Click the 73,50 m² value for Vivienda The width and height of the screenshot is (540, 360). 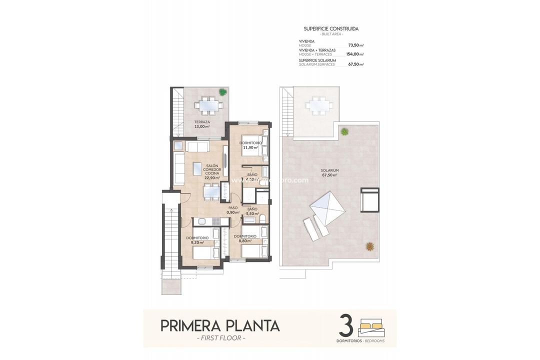coord(355,45)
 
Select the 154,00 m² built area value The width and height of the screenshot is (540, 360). coord(354,54)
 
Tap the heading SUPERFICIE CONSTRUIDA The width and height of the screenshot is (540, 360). coord(331,29)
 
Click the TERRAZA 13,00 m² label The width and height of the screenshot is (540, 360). coord(202,124)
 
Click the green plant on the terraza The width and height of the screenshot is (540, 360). coord(222,92)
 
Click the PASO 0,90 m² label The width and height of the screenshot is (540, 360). coord(233,210)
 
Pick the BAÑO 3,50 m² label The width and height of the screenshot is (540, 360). coord(252,211)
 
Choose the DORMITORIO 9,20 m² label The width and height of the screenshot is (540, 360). coord(197,240)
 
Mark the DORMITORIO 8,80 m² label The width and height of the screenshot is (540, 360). coord(245,238)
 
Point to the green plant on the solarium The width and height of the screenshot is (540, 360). coord(344,131)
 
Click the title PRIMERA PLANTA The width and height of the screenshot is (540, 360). coord(220,325)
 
